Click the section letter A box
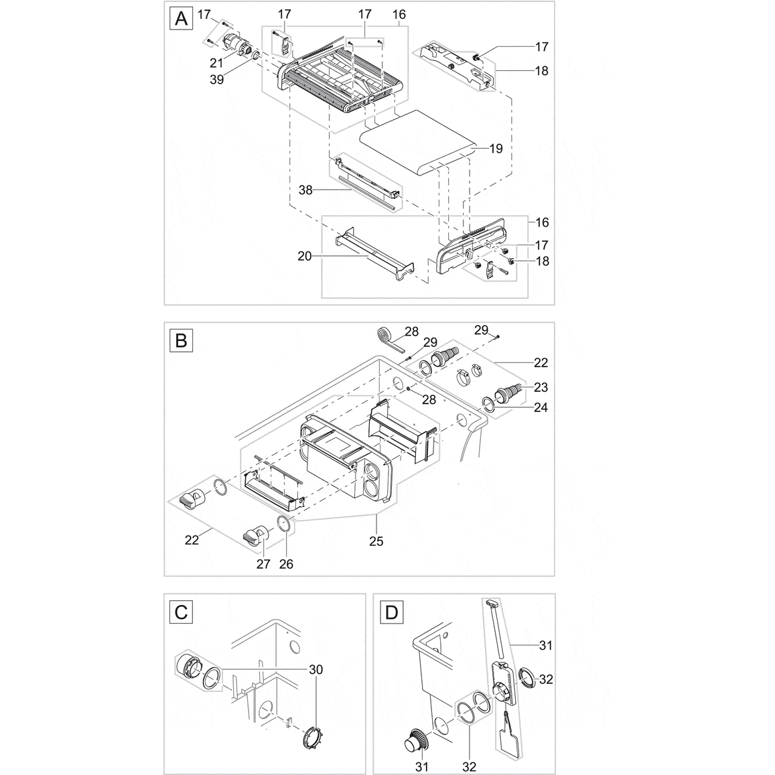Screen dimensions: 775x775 (x=181, y=19)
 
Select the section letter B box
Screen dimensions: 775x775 (x=181, y=341)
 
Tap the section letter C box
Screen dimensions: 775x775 (x=181, y=612)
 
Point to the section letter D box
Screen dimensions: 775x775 (x=390, y=612)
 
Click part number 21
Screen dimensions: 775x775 (x=216, y=63)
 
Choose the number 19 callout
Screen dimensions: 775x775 (x=495, y=149)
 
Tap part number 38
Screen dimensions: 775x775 (x=305, y=190)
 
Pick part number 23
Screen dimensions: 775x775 (x=541, y=386)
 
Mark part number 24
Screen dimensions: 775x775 (x=541, y=407)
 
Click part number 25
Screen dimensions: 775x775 (x=376, y=541)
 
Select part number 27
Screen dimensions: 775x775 (x=263, y=564)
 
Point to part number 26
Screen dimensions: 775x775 (x=287, y=564)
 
